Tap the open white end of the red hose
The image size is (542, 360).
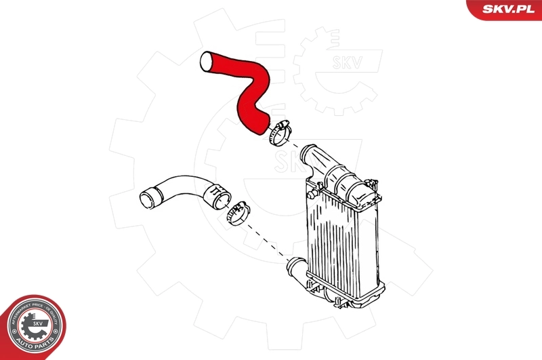click(206, 62)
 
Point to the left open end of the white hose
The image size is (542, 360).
click(146, 199)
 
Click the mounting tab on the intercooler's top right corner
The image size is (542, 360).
click(373, 183)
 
